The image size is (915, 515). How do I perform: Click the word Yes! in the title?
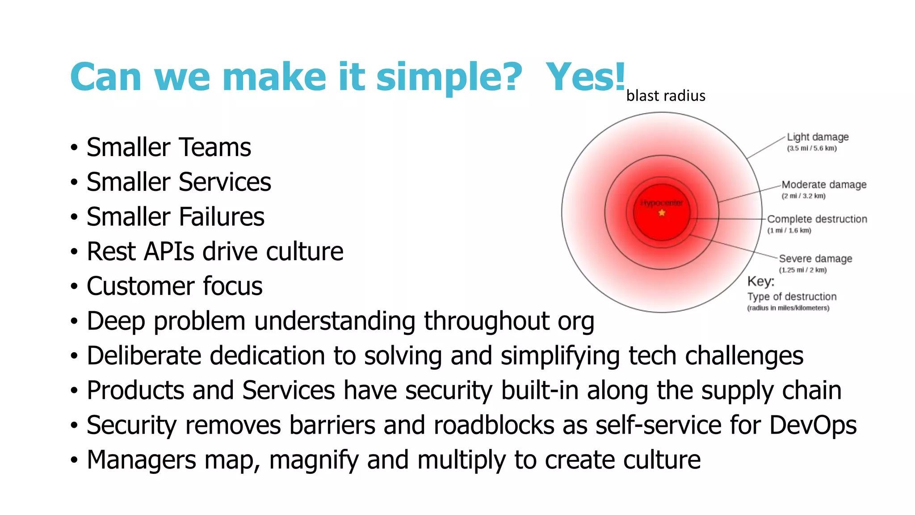pos(585,77)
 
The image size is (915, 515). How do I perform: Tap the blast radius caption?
pos(666,96)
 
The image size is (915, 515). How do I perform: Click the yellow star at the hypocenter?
pos(662,213)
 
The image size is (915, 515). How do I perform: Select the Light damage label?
pos(818,137)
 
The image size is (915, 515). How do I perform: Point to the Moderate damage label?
pos(824,185)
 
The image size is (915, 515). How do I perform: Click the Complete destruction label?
pos(817,219)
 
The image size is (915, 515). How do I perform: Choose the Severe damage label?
pos(815,258)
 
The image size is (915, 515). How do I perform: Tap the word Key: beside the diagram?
pos(761,281)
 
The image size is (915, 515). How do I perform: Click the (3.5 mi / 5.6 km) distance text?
pos(811,148)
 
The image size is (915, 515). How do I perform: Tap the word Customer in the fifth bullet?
pos(140,286)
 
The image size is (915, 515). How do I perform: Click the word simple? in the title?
pos(449,77)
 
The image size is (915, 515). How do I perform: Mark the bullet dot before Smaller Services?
pos(74,183)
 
